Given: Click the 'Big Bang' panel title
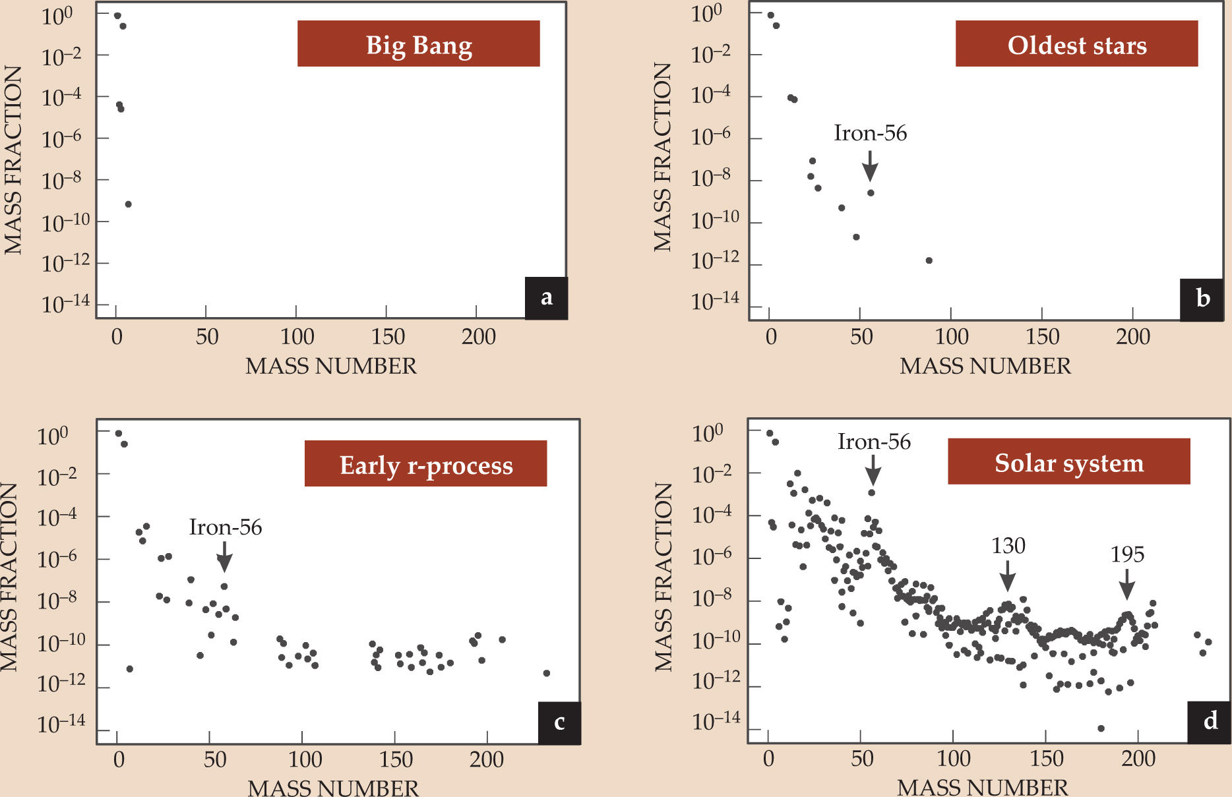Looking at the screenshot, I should click(418, 44).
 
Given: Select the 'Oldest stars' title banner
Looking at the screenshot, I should click(1076, 44).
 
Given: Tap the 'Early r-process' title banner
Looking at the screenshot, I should click(425, 464).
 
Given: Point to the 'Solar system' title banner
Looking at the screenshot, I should click(1068, 462).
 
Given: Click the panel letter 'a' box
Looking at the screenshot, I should click(546, 298).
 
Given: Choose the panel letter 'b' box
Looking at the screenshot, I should click(1202, 299).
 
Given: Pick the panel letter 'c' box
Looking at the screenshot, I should click(559, 723).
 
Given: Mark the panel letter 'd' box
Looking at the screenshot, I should click(1210, 721).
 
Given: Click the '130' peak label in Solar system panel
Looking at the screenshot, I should click(1008, 546).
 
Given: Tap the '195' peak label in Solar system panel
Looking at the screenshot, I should click(1127, 554).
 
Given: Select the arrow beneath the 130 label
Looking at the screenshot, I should click(1007, 576).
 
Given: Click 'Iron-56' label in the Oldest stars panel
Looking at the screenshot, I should click(870, 133).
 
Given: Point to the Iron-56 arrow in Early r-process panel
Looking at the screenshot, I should click(225, 556).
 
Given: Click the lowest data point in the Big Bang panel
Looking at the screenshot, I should click(129, 204).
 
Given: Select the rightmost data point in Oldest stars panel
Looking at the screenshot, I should click(929, 260).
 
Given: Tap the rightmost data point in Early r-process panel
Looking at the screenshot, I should click(546, 673).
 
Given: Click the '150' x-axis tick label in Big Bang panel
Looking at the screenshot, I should click(388, 337).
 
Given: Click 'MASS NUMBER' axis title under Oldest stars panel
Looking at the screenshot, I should click(985, 366).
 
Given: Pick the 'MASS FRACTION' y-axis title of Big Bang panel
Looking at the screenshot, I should click(13, 160).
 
